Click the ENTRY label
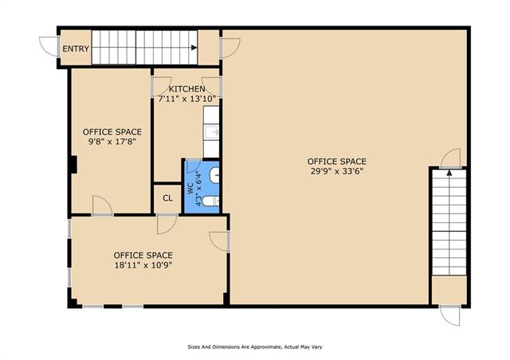[x=76, y=49]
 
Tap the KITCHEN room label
[x=186, y=88]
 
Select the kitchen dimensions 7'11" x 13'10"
[x=187, y=99]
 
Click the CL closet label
[x=168, y=198]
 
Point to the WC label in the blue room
[x=190, y=189]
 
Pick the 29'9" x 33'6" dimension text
[x=336, y=171]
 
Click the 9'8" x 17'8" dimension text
[x=112, y=142]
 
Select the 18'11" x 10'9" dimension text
[x=143, y=265]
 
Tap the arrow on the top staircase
[x=194, y=48]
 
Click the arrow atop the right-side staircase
[x=449, y=173]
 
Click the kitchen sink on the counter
[x=211, y=132]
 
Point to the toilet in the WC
[x=210, y=202]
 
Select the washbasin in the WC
[x=214, y=175]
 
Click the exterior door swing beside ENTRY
[x=48, y=47]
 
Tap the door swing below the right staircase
[x=449, y=315]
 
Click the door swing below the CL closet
[x=167, y=225]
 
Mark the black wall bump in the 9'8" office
[x=73, y=165]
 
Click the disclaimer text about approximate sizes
[x=255, y=347]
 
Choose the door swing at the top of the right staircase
[x=450, y=158]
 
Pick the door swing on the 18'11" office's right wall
[x=219, y=241]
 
